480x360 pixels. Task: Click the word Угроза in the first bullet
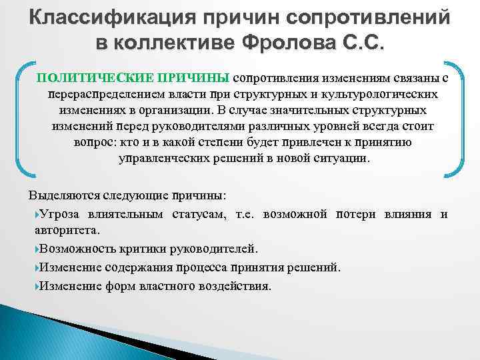point(61,213)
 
